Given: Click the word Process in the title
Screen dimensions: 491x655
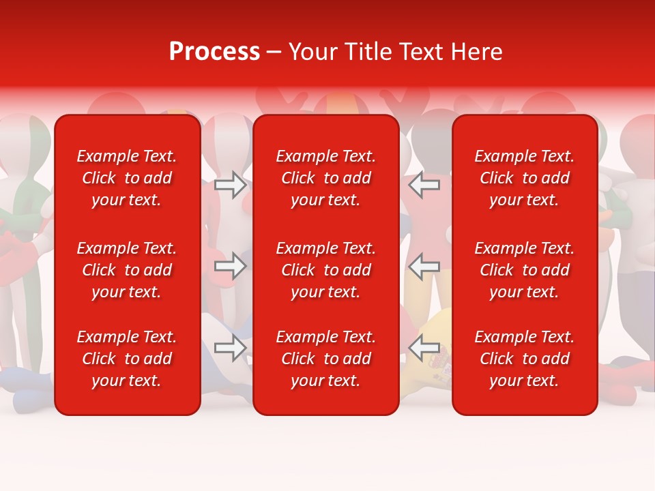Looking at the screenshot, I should (214, 52).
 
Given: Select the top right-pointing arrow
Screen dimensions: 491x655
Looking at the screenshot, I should (230, 184).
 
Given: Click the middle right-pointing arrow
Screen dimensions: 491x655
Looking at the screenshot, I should (230, 266).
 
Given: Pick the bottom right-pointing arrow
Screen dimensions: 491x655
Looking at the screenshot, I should (230, 348).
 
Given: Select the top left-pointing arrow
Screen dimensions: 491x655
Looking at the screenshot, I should (424, 184).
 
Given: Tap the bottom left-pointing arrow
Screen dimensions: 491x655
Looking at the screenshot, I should (424, 348).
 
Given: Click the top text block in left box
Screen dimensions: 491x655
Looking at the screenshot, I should (127, 178).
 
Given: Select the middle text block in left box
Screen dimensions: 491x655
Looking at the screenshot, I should (127, 270).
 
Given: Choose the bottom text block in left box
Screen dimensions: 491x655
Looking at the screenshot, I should (127, 359).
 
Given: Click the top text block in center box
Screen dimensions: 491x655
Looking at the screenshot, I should (325, 178).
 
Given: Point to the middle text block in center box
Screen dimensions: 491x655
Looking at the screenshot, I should (325, 270).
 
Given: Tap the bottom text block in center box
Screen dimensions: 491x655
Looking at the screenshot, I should (325, 359).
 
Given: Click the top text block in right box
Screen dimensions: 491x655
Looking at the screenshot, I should (524, 178).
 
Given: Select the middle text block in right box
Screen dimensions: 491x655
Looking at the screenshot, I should (524, 270).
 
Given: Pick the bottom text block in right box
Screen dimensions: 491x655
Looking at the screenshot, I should (524, 359).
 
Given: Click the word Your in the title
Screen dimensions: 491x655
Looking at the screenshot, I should (313, 52).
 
